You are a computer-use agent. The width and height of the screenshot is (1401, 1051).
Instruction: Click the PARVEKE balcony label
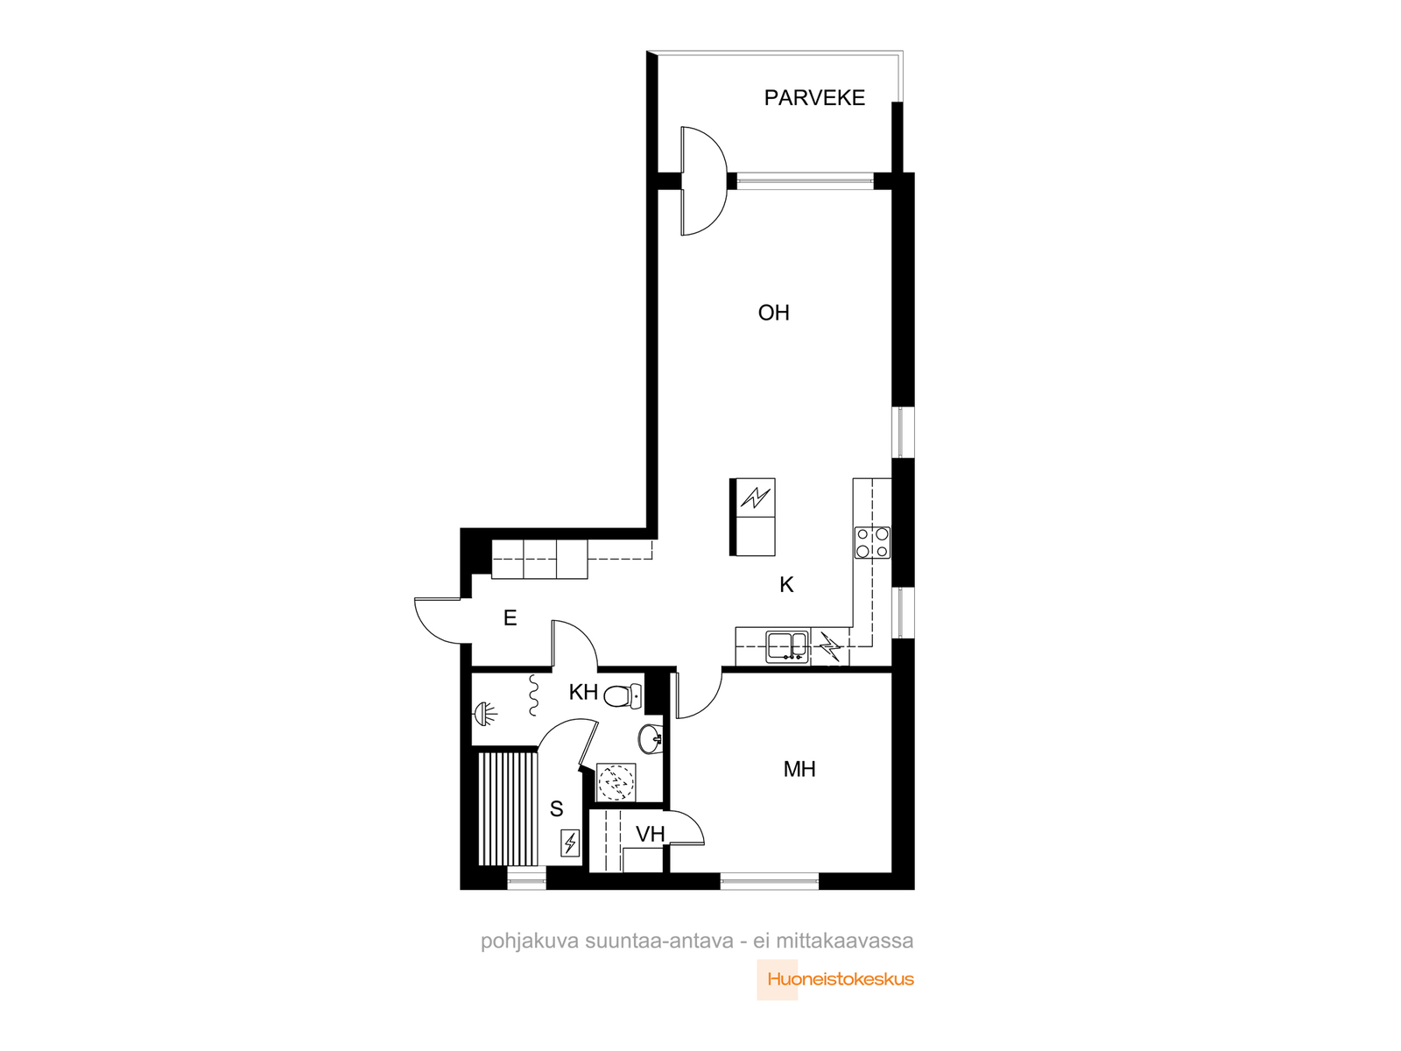814,97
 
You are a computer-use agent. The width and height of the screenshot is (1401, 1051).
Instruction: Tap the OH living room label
773,313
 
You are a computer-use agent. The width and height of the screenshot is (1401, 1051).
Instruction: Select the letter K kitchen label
786,584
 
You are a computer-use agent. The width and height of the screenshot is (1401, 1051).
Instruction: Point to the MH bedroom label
799,770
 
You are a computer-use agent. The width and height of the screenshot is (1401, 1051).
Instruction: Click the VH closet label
651,834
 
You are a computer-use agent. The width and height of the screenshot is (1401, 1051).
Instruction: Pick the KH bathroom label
583,693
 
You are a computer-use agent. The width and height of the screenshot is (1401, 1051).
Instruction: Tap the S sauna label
557,809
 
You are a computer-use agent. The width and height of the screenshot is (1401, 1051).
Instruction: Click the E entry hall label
510,617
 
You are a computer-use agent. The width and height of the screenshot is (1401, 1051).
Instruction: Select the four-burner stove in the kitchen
872,542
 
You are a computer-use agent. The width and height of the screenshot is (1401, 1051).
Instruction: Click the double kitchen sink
787,646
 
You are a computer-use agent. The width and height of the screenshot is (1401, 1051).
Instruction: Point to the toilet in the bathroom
623,695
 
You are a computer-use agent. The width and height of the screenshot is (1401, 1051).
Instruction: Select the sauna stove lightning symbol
569,843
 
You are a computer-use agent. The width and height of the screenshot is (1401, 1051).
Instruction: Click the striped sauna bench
508,808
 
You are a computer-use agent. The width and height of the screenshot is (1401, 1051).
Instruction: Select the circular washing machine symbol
616,782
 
